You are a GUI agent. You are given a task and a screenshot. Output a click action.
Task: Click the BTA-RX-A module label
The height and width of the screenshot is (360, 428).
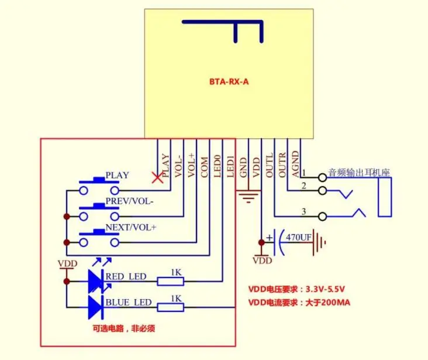click(x=229, y=81)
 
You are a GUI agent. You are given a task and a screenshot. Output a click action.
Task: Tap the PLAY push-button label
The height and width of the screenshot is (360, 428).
click(x=117, y=175)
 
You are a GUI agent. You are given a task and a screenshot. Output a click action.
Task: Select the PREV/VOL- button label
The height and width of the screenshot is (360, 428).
click(x=129, y=201)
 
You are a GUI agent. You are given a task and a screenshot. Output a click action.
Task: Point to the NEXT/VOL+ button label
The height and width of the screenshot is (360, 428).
click(x=131, y=228)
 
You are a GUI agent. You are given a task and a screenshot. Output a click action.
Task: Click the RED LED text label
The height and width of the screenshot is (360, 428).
click(x=126, y=277)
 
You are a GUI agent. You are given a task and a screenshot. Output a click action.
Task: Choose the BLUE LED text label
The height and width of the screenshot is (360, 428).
click(x=128, y=302)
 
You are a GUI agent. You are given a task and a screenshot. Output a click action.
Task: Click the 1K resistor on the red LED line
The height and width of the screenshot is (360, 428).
click(x=170, y=282)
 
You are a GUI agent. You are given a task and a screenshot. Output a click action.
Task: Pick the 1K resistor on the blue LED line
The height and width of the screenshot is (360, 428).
click(x=170, y=307)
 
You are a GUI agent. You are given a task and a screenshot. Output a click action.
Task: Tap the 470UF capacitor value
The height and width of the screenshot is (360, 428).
click(x=298, y=237)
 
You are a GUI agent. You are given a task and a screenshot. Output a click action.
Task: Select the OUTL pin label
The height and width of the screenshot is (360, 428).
click(x=270, y=165)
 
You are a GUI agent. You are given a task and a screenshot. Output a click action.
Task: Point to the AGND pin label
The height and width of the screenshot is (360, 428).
click(x=295, y=164)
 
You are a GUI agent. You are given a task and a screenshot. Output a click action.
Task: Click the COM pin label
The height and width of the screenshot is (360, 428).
click(x=205, y=167)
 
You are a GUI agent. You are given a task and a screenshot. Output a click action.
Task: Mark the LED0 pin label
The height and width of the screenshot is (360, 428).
click(x=218, y=166)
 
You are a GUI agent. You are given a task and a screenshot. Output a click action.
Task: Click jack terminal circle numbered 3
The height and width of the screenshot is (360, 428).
click(x=323, y=217)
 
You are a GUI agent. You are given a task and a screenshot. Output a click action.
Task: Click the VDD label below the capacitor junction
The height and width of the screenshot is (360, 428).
click(x=263, y=260)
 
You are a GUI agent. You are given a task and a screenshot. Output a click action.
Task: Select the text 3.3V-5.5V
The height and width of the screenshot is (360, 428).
click(x=325, y=289)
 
